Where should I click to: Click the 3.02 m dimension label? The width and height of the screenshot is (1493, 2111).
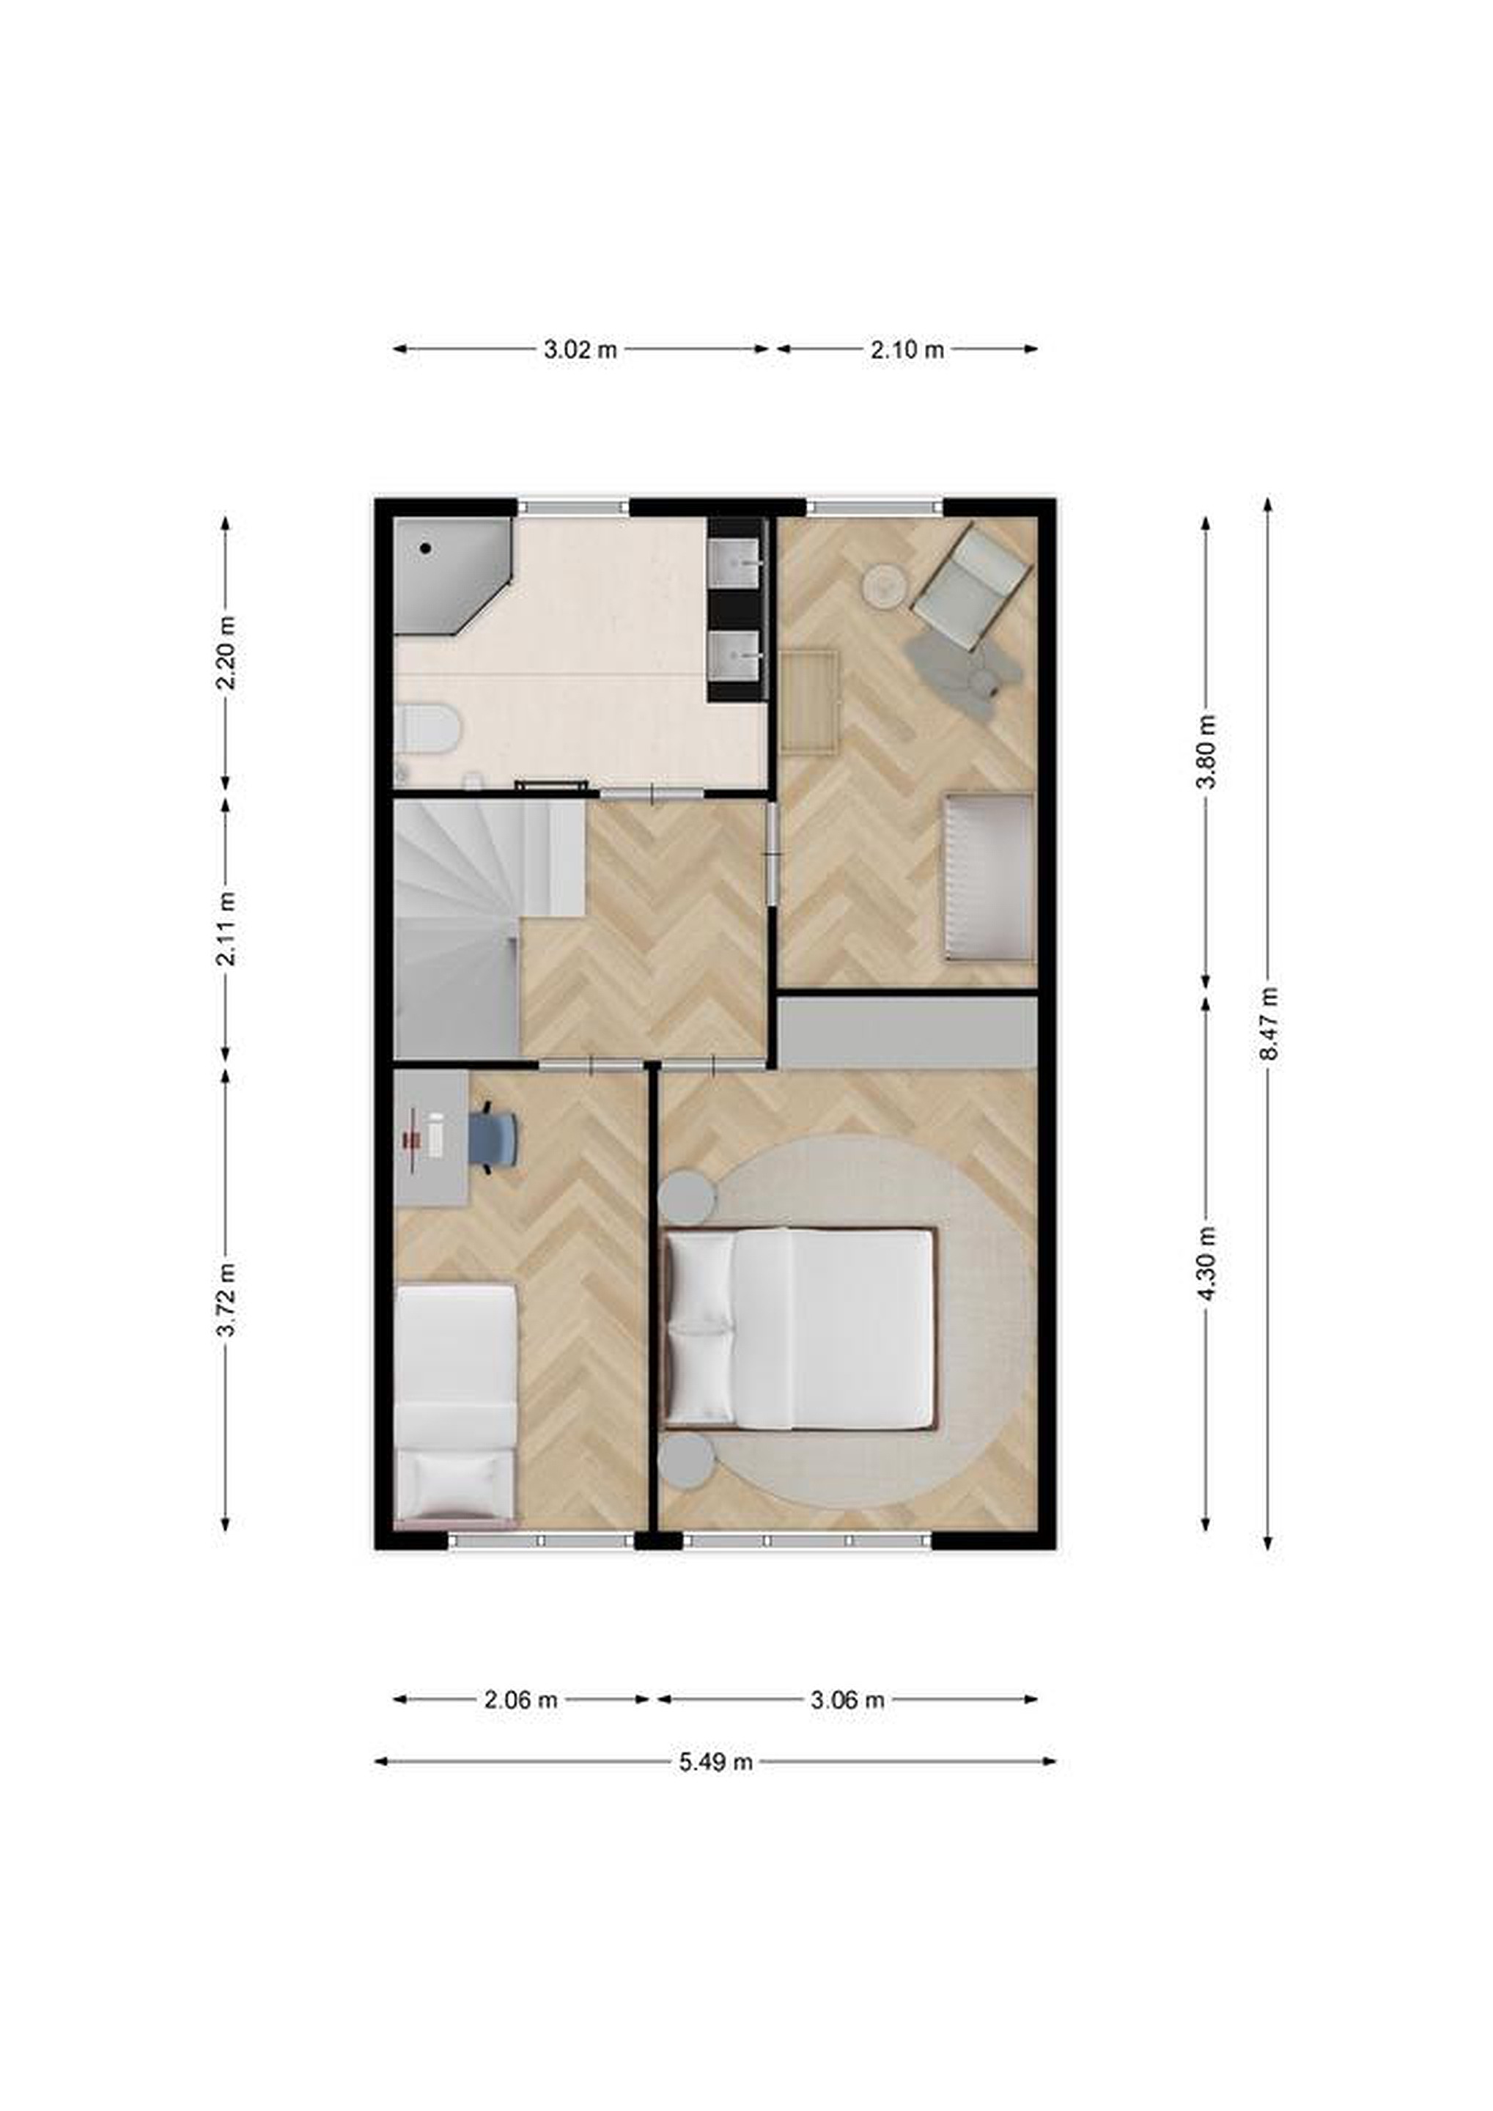point(580,350)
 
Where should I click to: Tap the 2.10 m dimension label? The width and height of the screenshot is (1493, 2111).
point(907,350)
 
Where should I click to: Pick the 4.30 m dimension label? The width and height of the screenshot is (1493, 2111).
point(1207,1262)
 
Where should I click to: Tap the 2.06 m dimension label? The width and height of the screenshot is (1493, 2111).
point(521,1699)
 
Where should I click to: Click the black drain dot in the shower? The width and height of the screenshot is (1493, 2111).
point(426,548)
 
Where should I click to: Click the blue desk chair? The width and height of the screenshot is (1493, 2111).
point(494,1138)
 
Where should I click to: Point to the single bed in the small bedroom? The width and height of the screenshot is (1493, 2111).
point(455,1406)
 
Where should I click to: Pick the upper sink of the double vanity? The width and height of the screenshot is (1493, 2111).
point(735,561)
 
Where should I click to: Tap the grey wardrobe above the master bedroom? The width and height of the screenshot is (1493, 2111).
point(907,1034)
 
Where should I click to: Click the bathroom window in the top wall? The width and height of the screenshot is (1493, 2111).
point(574,506)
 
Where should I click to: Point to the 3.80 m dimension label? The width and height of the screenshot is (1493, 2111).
point(1207,751)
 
